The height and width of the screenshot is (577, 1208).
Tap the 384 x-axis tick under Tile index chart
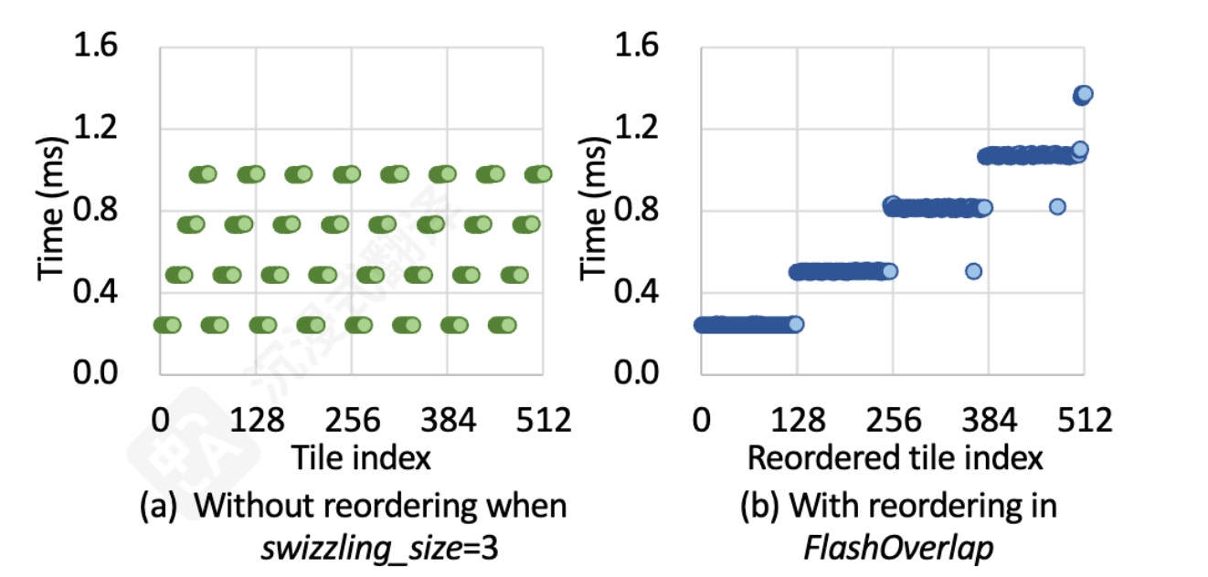coord(448,421)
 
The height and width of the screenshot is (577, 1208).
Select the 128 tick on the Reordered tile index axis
coord(798,421)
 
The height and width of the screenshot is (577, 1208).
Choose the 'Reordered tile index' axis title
coord(895,456)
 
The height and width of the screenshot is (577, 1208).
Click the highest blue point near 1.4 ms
coord(1083,94)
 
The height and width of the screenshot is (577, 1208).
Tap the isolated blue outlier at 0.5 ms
coord(973,271)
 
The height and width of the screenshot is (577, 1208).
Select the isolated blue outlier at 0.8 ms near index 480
coord(1057,207)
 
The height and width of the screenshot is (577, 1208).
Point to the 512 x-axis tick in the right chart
coord(1084,421)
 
